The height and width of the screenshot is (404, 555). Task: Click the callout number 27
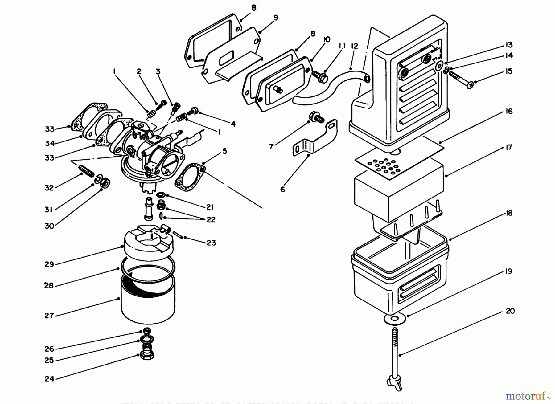49,316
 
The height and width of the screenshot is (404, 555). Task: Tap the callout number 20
510,311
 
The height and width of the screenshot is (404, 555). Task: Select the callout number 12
355,46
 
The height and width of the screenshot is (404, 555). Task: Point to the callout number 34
49,143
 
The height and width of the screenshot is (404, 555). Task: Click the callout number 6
283,190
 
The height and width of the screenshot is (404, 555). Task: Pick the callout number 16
509,111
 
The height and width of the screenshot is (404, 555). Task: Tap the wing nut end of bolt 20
392,382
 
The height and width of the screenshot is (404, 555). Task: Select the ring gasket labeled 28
148,267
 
